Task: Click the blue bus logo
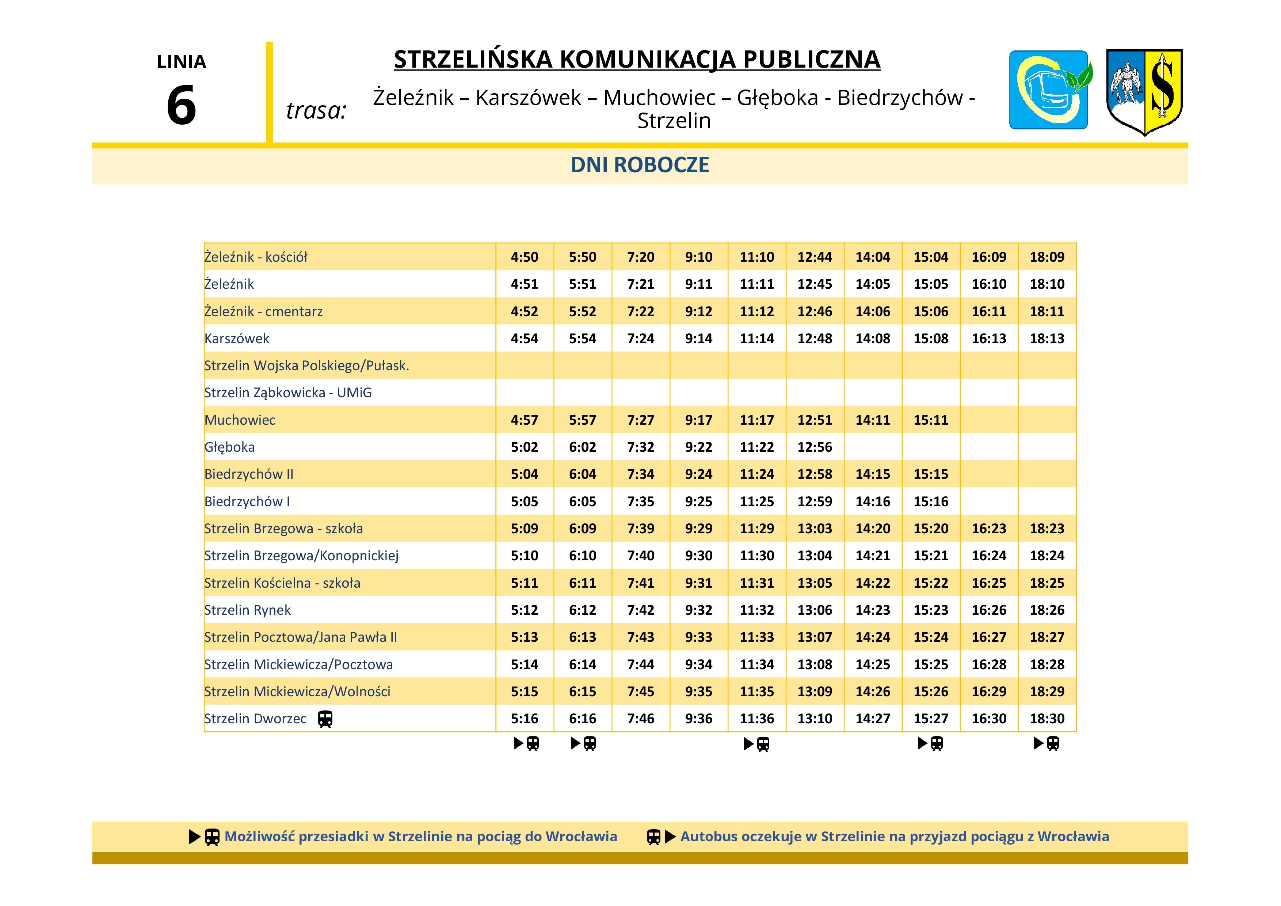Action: pyautogui.click(x=1048, y=90)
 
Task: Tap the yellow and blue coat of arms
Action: pyautogui.click(x=1144, y=91)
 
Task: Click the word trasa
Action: pyautogui.click(x=316, y=110)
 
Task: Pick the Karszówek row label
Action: pyautogui.click(x=237, y=338)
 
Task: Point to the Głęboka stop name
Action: pyautogui.click(x=229, y=447)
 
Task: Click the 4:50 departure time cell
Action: pyautogui.click(x=525, y=257)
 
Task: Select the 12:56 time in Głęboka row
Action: pyautogui.click(x=815, y=447)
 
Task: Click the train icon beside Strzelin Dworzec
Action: pyautogui.click(x=325, y=719)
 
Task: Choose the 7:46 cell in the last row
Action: pyautogui.click(x=641, y=719)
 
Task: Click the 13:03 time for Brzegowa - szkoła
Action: pyautogui.click(x=815, y=528)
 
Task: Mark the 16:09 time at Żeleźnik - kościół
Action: pyautogui.click(x=989, y=257)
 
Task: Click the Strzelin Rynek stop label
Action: pyautogui.click(x=247, y=610)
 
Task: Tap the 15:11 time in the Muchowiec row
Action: pyautogui.click(x=931, y=420)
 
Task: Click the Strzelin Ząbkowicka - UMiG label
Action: pyautogui.click(x=288, y=393)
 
